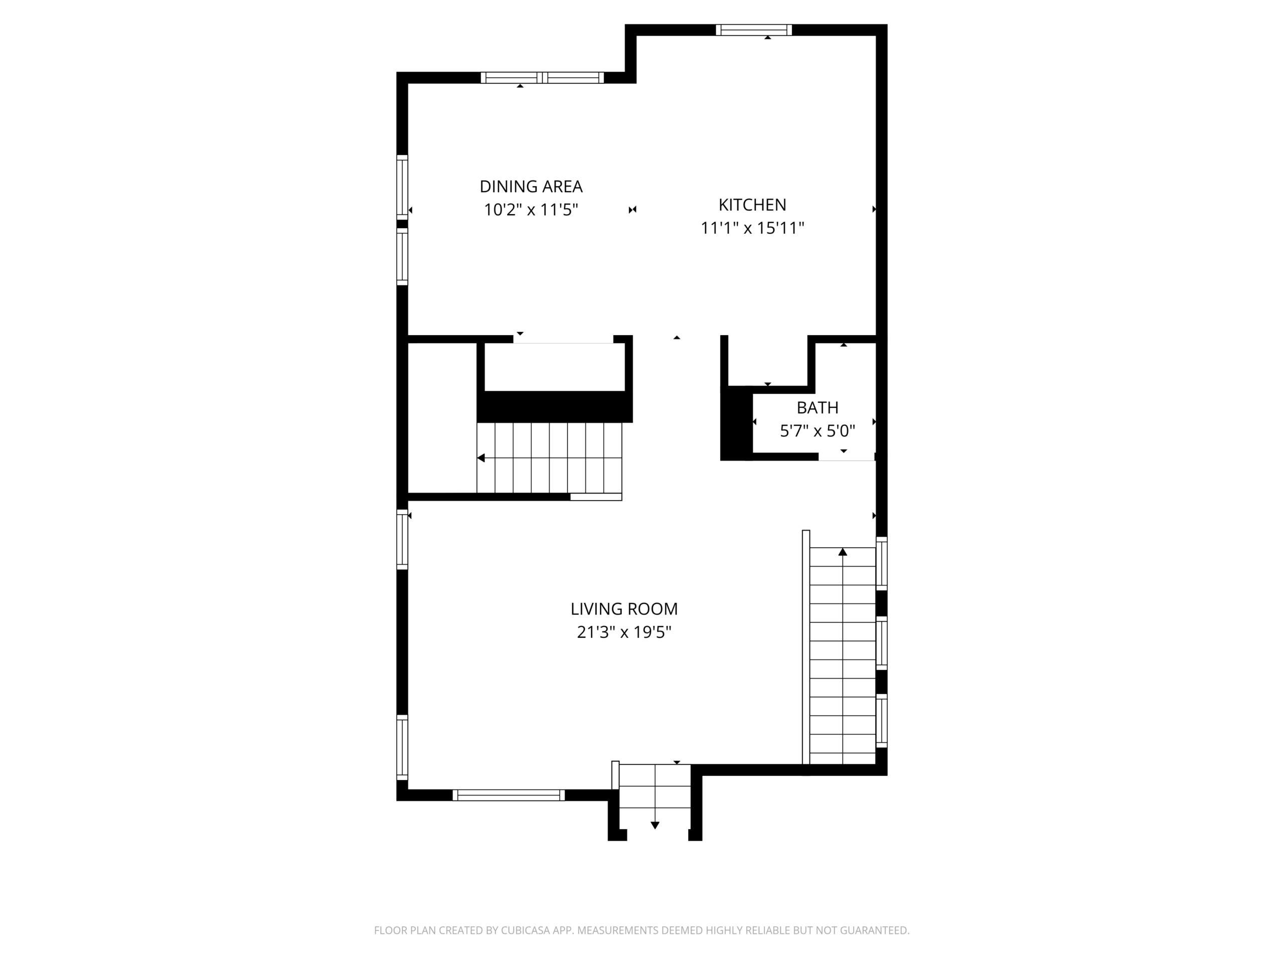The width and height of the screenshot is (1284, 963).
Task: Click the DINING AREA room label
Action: pyautogui.click(x=531, y=187)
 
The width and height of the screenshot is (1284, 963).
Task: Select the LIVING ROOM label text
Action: pyautogui.click(x=624, y=609)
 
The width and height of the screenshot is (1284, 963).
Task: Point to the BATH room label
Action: pyautogui.click(x=818, y=407)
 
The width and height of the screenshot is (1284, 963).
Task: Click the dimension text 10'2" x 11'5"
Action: pyautogui.click(x=531, y=210)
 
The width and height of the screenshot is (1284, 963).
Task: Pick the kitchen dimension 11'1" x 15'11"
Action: pyautogui.click(x=752, y=228)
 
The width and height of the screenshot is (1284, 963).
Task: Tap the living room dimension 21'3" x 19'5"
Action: pyautogui.click(x=624, y=632)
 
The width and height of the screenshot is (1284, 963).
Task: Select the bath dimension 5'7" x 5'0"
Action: pyautogui.click(x=818, y=431)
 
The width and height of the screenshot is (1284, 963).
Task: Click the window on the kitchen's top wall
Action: pyautogui.click(x=753, y=30)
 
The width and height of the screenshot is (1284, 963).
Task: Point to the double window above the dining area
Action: pyautogui.click(x=542, y=78)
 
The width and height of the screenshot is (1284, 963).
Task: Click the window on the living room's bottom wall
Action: pyautogui.click(x=509, y=795)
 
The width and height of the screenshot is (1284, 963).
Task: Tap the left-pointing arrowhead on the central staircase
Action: pyautogui.click(x=480, y=458)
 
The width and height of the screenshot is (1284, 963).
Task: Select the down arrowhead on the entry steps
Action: pyautogui.click(x=655, y=826)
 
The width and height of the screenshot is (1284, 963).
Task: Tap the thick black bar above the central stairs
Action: pyautogui.click(x=554, y=406)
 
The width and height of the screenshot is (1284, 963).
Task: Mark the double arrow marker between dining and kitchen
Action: pyautogui.click(x=632, y=210)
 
